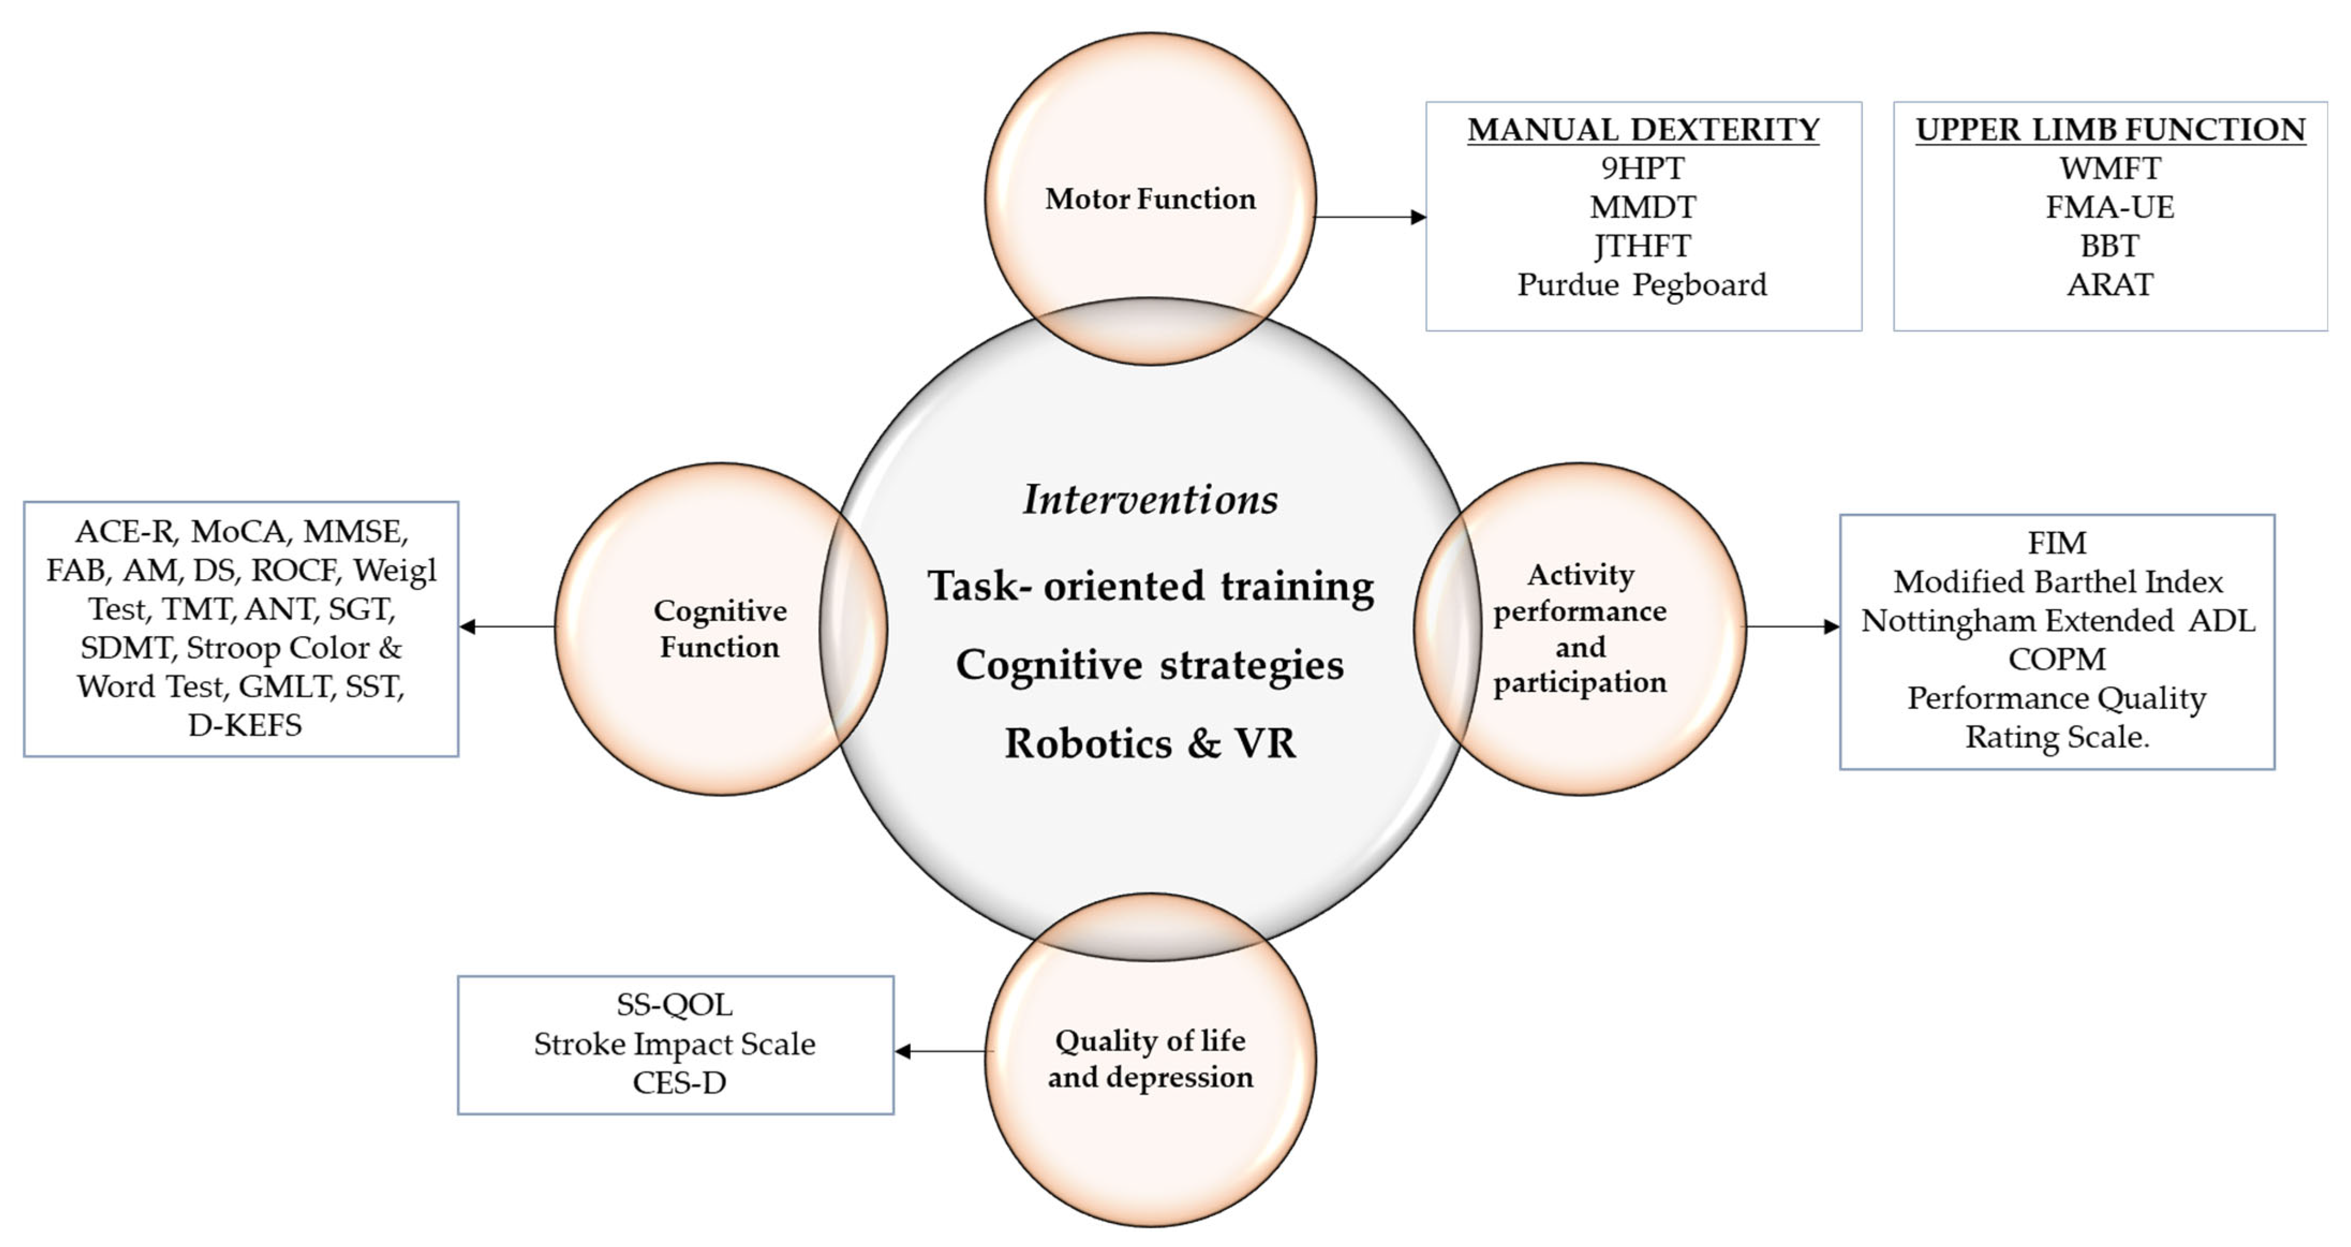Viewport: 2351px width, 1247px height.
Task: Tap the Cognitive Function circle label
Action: coord(720,628)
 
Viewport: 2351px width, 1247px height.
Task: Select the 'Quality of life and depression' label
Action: coord(1150,1059)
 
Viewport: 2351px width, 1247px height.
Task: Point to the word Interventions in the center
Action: coord(1150,499)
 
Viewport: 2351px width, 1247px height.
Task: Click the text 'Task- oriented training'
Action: coord(1150,586)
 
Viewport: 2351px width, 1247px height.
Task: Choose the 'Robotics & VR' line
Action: coord(1150,743)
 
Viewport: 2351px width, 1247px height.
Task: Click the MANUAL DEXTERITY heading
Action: coord(1643,130)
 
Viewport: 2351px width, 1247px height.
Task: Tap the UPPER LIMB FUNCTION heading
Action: coord(2110,130)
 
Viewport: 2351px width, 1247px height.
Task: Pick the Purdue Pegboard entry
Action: coord(1643,285)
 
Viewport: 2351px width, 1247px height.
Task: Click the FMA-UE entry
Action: coord(2110,207)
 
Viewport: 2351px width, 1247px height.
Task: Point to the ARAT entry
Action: coord(2110,285)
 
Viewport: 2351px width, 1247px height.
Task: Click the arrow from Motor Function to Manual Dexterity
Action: coord(1369,217)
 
